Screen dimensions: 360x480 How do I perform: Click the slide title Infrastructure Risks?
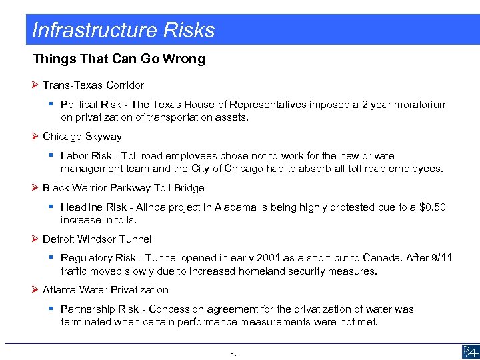[123, 30]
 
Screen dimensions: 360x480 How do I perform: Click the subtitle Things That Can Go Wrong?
[119, 59]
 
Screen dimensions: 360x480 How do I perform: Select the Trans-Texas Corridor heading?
[93, 85]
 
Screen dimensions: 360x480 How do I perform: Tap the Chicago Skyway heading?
[82, 137]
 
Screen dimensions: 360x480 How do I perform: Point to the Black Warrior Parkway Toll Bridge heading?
[123, 188]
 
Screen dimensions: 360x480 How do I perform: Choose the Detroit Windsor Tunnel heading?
[97, 239]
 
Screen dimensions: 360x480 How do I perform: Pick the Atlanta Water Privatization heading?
[105, 290]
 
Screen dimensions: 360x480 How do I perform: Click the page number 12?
[234, 355]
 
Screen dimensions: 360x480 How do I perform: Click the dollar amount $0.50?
[433, 207]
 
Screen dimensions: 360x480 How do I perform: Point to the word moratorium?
[421, 105]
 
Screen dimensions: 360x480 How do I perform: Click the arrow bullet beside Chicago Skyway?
[35, 137]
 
